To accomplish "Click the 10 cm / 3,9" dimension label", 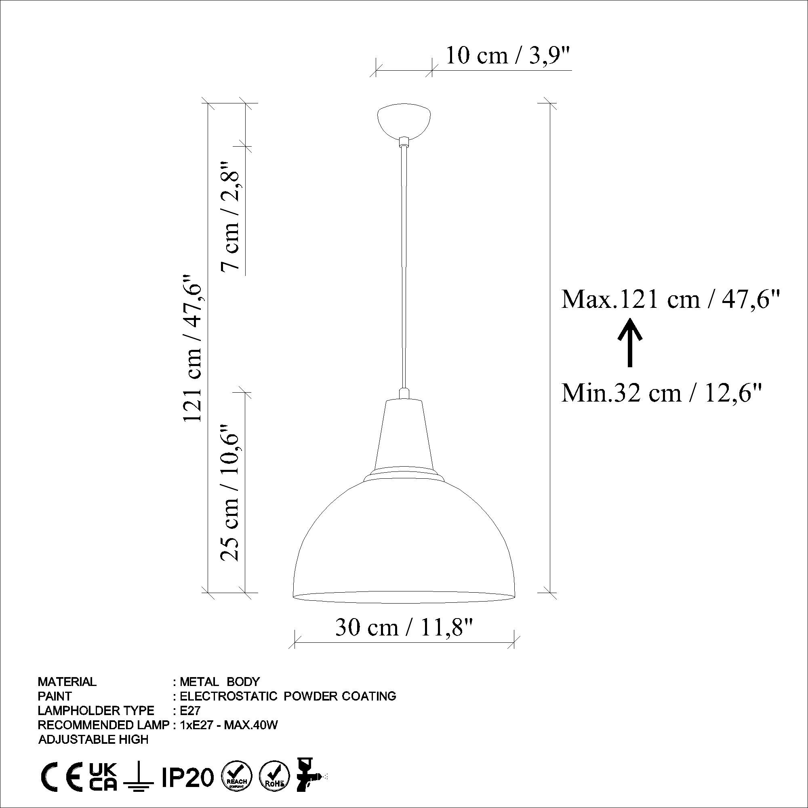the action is (x=508, y=55).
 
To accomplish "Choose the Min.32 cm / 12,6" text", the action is (x=661, y=393).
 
